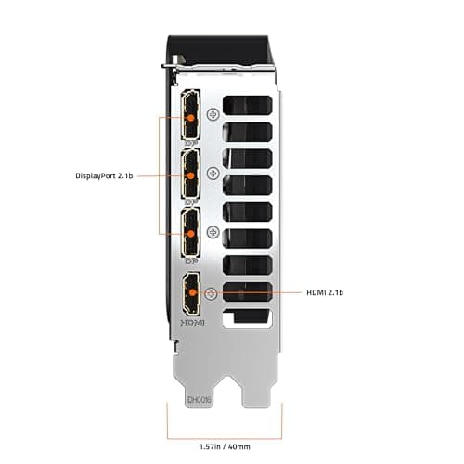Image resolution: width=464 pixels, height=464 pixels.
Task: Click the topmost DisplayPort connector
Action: pos(192,115)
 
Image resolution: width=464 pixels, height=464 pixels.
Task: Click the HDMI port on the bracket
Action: pos(191,292)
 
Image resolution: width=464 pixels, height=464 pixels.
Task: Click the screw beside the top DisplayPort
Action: pos(214,115)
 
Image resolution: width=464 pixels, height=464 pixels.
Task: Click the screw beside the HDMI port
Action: pos(213,293)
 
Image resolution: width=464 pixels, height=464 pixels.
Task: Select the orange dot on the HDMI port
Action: pos(192,292)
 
